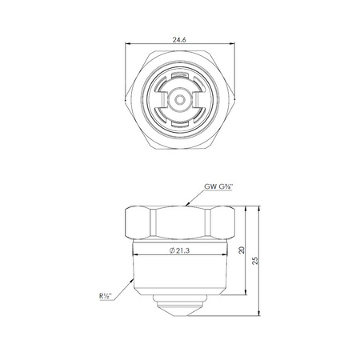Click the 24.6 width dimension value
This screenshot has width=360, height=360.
click(x=179, y=40)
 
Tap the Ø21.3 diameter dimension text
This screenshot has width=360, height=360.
click(x=179, y=250)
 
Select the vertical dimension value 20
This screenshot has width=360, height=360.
click(x=242, y=250)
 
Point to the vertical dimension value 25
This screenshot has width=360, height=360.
click(x=255, y=260)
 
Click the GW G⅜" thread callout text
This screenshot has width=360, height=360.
click(x=218, y=186)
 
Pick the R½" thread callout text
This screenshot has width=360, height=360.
click(x=106, y=296)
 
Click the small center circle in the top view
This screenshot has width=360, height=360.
click(x=180, y=100)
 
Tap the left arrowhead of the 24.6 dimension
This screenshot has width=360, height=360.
click(x=127, y=44)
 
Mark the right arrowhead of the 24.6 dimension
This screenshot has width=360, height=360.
click(x=233, y=44)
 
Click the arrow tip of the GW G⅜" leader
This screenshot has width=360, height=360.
click(x=186, y=206)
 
